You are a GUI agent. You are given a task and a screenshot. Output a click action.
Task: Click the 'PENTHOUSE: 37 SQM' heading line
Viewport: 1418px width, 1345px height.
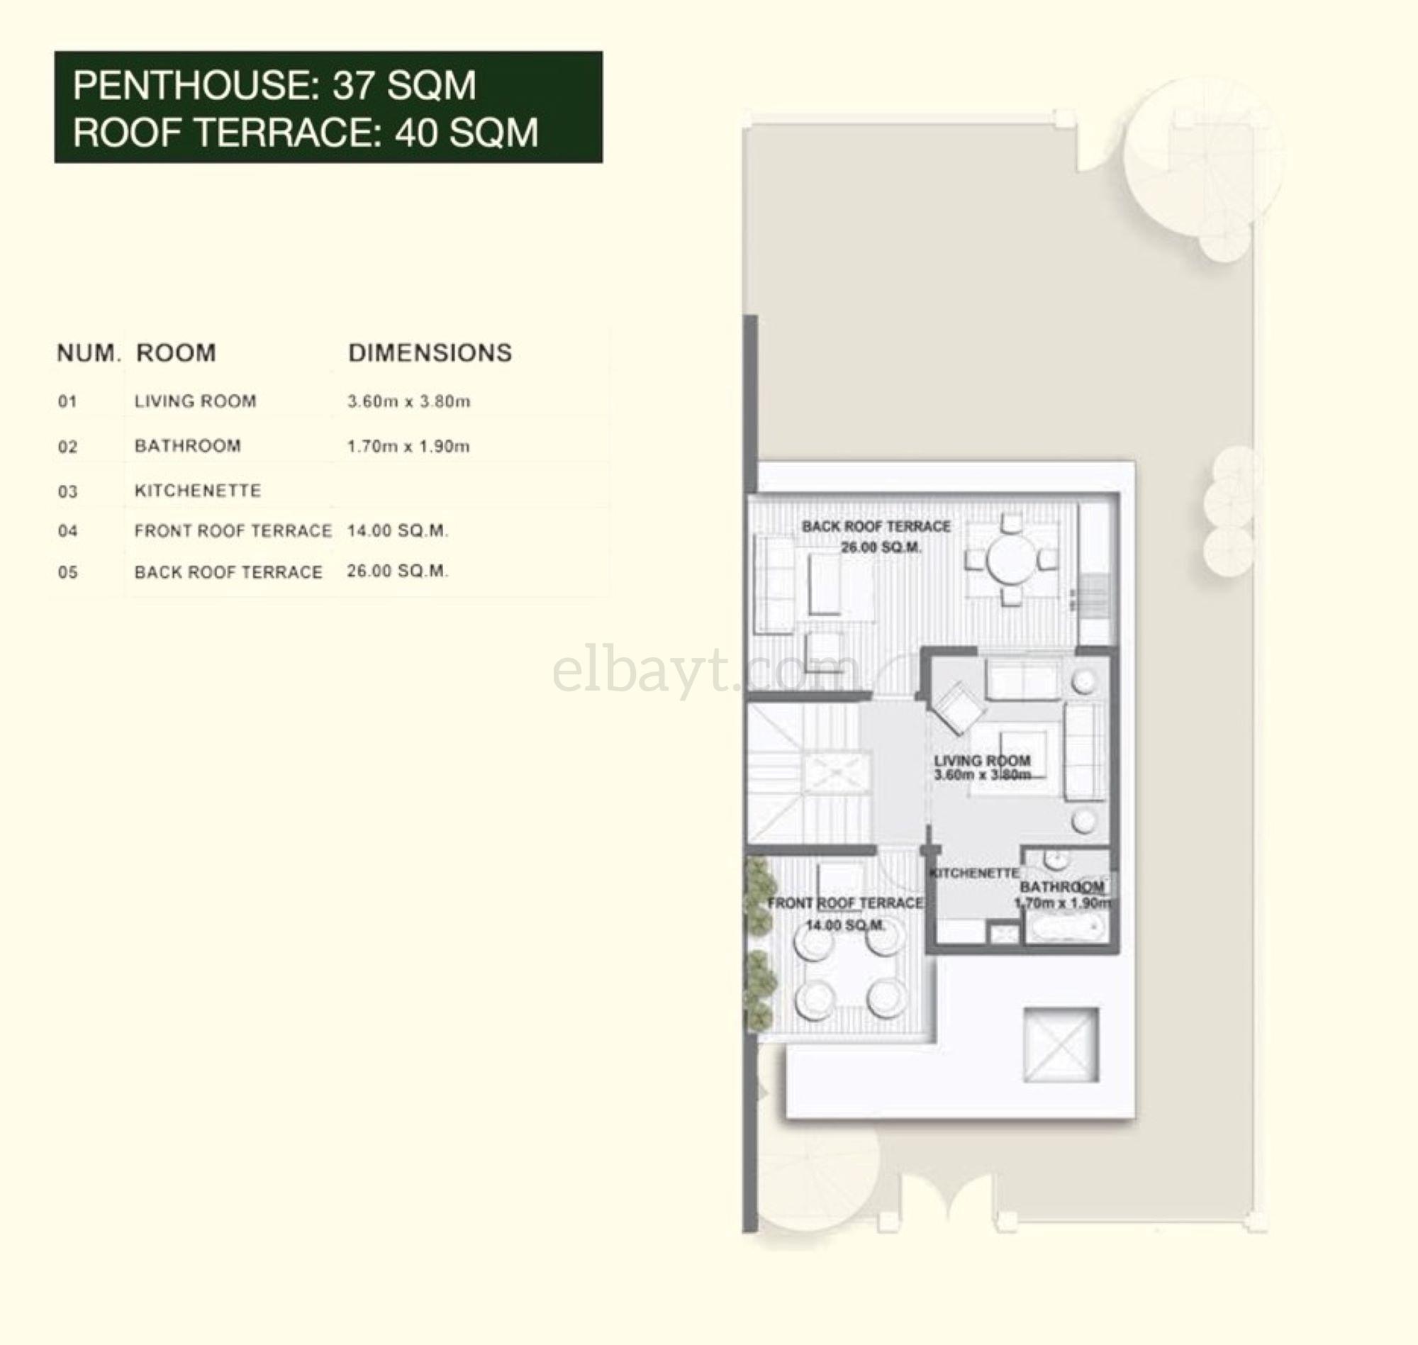274,85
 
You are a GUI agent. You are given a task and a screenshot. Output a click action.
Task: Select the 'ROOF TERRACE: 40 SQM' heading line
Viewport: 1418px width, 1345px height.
306,133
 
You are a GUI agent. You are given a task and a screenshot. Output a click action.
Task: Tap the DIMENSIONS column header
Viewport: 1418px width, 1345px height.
430,353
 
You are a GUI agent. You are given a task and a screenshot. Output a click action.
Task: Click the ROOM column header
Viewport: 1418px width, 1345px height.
176,353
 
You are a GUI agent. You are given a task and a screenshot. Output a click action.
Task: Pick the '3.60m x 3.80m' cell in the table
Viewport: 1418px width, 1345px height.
408,401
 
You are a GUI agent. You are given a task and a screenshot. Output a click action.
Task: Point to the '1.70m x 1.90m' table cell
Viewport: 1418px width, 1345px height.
408,446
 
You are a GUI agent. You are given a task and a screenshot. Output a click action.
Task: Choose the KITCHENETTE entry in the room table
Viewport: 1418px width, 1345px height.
198,491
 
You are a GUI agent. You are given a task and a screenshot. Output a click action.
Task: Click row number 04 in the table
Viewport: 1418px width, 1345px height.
67,531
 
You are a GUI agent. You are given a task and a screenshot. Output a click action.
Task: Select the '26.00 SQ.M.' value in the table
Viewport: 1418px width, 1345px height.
397,571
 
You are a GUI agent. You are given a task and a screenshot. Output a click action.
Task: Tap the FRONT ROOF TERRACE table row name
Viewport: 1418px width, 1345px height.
233,530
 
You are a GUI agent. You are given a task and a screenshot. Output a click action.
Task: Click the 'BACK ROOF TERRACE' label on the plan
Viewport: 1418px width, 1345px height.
876,526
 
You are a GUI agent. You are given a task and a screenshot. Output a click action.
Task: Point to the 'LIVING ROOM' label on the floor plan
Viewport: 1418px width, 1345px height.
982,760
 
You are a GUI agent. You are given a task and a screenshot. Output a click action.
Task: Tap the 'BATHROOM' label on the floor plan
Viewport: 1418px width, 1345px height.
1061,887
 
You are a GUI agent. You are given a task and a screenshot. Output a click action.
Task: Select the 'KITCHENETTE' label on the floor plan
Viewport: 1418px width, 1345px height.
974,874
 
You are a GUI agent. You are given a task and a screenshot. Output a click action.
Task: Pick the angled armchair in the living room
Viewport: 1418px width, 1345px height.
956,707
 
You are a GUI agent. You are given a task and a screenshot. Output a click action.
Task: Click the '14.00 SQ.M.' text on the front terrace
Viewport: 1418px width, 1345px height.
845,925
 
